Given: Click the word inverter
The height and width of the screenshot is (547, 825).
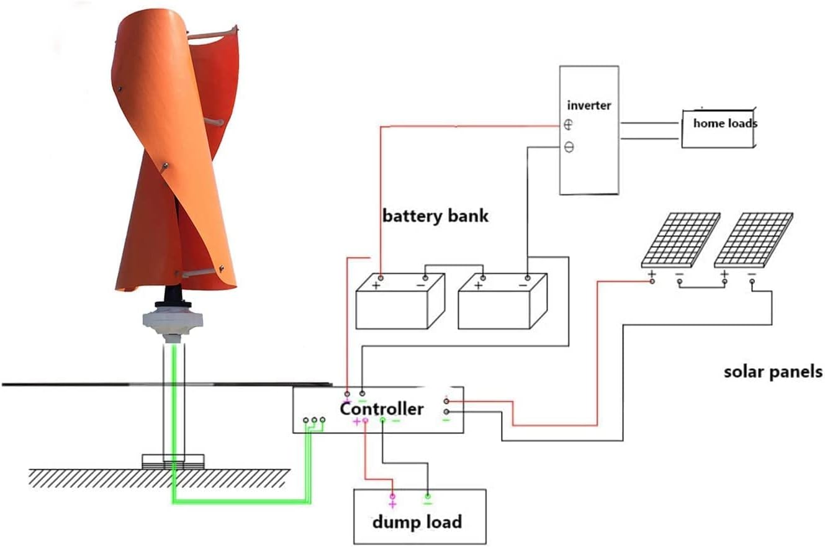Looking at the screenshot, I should pos(589,106).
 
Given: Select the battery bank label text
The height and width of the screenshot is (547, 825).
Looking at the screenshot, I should pos(435,216).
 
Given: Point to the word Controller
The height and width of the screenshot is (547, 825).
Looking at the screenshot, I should pos(382,409).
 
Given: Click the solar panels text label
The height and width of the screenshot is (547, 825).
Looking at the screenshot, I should pos(773,372).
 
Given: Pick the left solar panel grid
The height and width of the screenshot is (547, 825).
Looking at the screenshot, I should pos(681,239).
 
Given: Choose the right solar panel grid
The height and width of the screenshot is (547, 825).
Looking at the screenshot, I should pos(754,239).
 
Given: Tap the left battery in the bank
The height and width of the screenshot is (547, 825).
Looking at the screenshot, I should pos(400,302).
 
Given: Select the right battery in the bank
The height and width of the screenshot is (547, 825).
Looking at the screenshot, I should pos(502,302).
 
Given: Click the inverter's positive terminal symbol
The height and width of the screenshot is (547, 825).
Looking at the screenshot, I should pos(569,125).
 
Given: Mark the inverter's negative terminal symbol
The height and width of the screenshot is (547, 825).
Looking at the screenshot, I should pos(569,148).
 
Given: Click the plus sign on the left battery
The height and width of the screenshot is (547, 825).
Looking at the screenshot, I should pos(376,286).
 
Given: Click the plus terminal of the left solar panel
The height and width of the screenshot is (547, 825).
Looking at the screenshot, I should pos(652,274).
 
